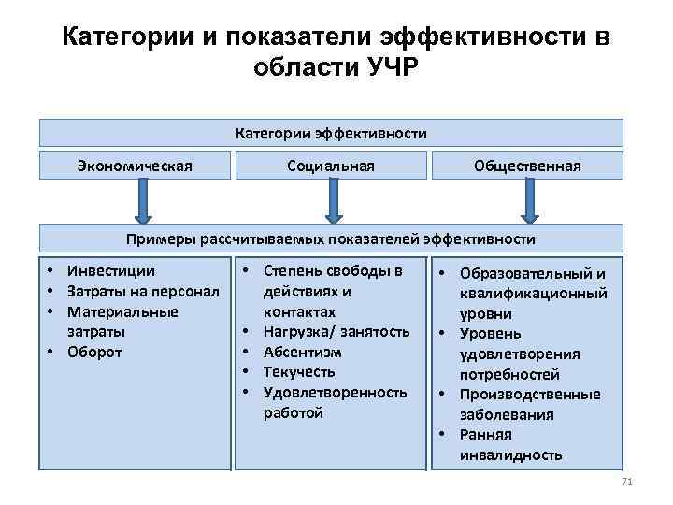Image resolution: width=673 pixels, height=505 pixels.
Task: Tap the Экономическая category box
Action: click(x=136, y=166)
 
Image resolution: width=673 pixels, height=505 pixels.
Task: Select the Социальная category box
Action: click(x=331, y=166)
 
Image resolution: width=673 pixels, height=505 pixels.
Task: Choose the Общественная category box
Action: click(x=527, y=166)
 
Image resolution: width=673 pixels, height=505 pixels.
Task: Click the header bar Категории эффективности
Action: click(x=331, y=133)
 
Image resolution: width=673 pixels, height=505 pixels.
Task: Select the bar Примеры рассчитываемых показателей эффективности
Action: click(x=331, y=238)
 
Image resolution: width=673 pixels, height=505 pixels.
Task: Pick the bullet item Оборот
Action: click(x=94, y=353)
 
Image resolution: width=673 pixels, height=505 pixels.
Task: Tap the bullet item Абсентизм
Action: click(x=303, y=352)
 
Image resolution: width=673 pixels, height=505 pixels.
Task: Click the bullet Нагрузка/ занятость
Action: click(x=336, y=332)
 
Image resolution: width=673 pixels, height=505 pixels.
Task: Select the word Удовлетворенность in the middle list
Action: click(x=335, y=392)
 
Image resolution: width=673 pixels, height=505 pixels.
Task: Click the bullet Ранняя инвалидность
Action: click(x=509, y=445)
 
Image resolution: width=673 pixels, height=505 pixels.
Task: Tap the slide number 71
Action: click(x=626, y=482)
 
